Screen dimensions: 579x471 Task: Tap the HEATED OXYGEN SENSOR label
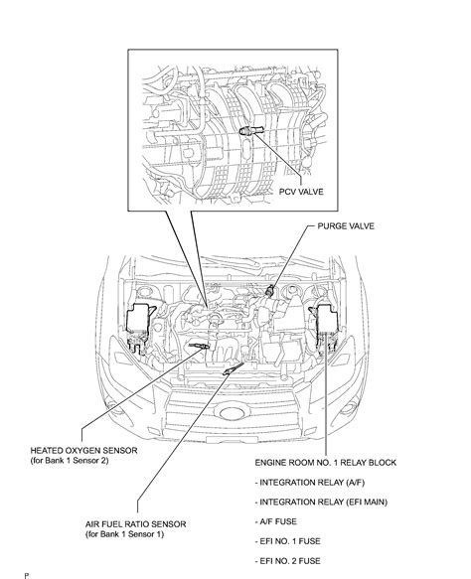(x=83, y=450)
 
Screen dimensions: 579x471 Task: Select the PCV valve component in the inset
(x=248, y=132)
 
